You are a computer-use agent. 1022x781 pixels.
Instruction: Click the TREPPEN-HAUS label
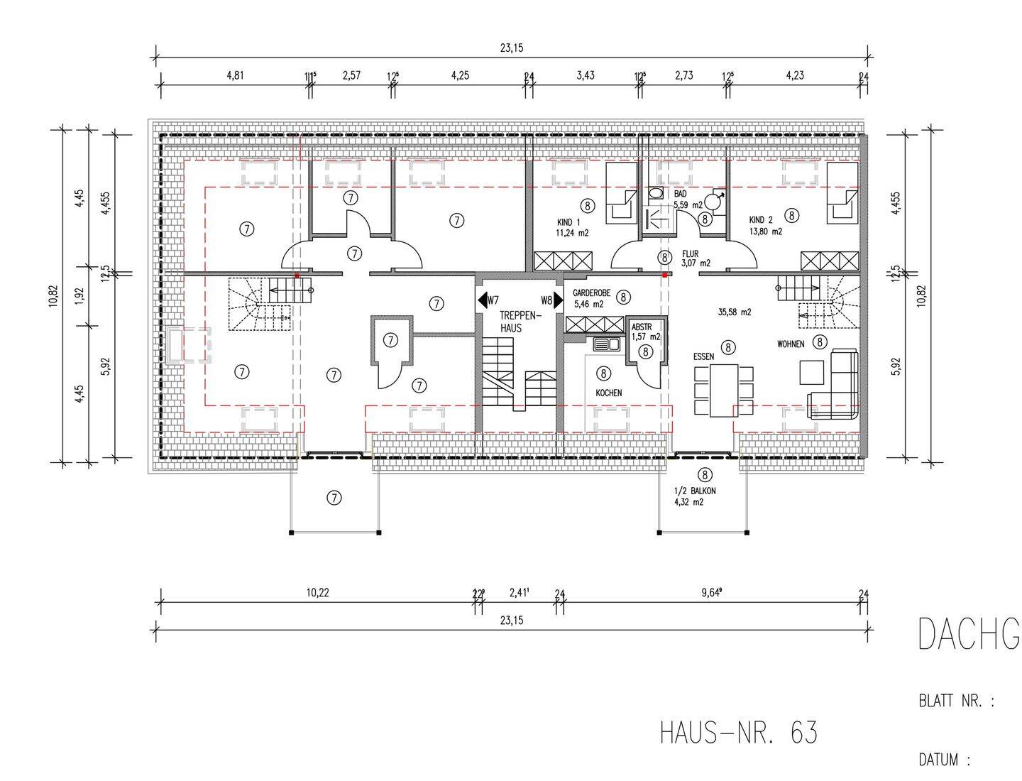tap(520, 322)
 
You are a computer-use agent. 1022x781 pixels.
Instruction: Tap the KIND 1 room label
tap(568, 222)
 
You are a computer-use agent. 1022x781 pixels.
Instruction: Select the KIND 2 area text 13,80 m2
tap(766, 231)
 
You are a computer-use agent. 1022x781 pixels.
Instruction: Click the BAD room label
tap(680, 194)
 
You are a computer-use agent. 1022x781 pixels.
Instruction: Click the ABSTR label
tap(642, 327)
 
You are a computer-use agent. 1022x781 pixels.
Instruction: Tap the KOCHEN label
tap(608, 393)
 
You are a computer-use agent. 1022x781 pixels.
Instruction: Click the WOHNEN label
tap(791, 344)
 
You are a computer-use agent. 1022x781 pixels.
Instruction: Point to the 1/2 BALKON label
tap(696, 491)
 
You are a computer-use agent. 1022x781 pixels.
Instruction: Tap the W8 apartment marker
tap(546, 300)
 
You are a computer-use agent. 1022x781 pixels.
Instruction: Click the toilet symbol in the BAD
tap(656, 193)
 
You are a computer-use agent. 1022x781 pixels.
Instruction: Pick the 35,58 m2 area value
tap(735, 312)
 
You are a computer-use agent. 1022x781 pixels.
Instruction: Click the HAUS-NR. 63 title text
tap(738, 732)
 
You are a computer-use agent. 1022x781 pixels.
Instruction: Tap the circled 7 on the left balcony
tap(334, 498)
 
